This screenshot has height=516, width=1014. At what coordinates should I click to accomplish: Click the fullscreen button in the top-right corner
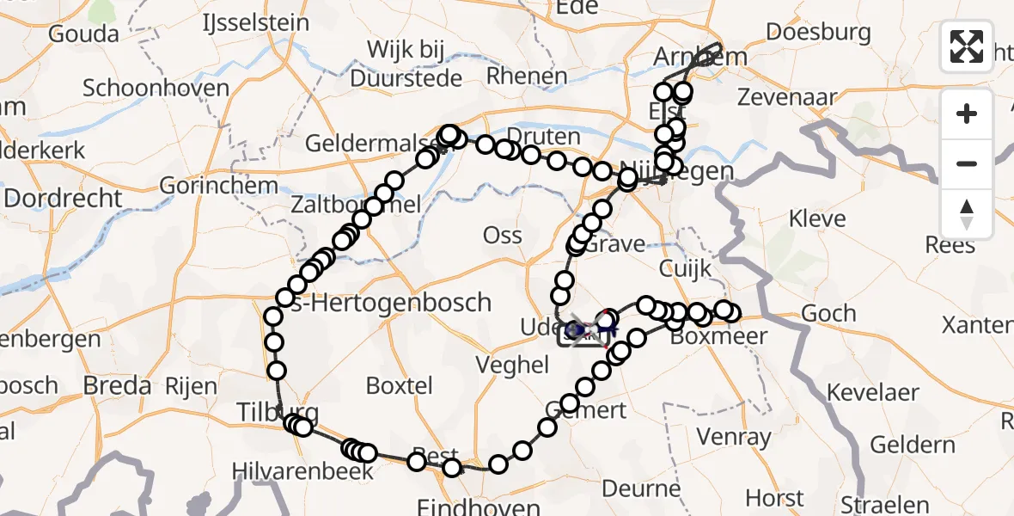click(x=967, y=46)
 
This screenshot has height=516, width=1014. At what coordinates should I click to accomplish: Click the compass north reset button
click(x=967, y=214)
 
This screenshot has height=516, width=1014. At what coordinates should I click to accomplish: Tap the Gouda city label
click(x=83, y=34)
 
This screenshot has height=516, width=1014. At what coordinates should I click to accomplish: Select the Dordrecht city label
click(x=64, y=199)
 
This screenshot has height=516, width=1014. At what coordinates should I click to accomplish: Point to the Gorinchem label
click(x=204, y=187)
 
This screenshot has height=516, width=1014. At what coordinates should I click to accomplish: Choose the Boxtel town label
click(x=399, y=385)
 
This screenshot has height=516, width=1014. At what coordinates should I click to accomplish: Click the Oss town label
click(x=503, y=235)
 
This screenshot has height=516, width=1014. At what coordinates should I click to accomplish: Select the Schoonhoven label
click(x=156, y=88)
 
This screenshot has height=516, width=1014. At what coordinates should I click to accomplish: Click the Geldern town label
click(x=912, y=445)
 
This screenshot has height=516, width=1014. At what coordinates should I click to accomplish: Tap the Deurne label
click(x=641, y=489)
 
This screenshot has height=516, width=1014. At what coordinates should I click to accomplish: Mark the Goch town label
click(x=828, y=314)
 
